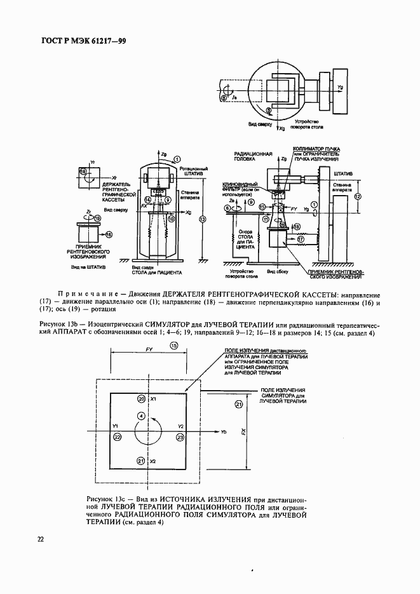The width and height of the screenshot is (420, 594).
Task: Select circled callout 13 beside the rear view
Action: tap(202, 219)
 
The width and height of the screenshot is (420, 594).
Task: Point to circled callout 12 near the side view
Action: tap(358, 197)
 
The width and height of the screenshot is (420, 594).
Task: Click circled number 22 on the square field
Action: tap(117, 438)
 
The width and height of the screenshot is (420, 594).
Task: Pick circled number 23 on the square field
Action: tap(180, 438)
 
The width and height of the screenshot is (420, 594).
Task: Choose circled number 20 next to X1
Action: tap(141, 398)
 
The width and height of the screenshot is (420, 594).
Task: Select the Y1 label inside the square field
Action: tap(115, 426)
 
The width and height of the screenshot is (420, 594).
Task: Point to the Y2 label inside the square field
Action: tap(180, 426)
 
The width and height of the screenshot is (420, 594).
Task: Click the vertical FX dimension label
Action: tap(244, 431)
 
